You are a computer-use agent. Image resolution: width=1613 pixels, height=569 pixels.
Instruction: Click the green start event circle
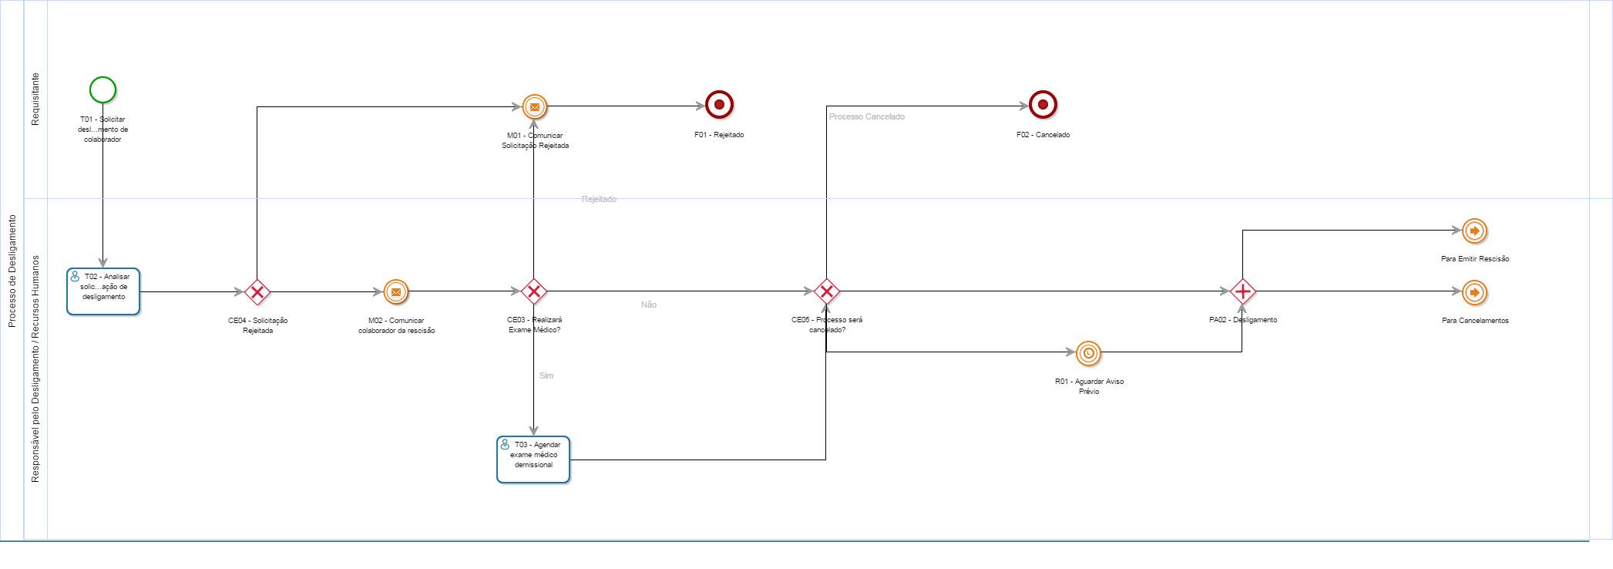point(102,90)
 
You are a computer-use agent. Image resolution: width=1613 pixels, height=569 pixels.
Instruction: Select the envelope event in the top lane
point(534,106)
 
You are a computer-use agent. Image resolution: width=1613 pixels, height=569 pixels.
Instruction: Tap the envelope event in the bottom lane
point(395,291)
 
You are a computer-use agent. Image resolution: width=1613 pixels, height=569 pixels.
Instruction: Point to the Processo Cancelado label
point(866,116)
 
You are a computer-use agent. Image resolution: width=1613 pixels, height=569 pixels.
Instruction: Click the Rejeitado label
point(599,199)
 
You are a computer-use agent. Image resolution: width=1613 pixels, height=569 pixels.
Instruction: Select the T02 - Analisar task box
point(103,291)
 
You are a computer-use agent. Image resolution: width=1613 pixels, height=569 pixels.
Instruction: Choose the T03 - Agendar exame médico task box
point(533,460)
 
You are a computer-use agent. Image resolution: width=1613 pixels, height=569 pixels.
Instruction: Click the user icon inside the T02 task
point(75,276)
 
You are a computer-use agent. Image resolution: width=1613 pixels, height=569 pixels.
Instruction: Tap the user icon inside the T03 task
point(505,444)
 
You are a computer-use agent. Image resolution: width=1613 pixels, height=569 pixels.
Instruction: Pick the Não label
point(648,305)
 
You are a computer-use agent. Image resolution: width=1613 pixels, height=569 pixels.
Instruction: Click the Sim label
point(546,375)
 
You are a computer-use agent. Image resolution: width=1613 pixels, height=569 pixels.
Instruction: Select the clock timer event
point(1088,353)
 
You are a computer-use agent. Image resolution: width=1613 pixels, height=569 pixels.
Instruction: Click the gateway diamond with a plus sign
point(1242,291)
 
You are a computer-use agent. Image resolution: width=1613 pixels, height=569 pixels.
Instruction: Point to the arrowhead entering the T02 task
point(102,263)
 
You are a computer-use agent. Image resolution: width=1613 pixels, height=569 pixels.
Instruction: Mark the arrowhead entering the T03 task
point(533,431)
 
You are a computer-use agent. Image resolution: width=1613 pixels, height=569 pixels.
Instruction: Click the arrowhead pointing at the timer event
point(1070,352)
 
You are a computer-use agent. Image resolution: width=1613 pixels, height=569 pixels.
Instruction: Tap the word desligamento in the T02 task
point(103,297)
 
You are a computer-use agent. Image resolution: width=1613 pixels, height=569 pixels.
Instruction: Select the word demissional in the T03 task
point(533,465)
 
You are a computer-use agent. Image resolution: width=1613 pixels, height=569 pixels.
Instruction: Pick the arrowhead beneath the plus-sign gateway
point(1242,308)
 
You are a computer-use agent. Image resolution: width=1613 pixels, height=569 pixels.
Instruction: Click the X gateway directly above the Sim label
point(533,291)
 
